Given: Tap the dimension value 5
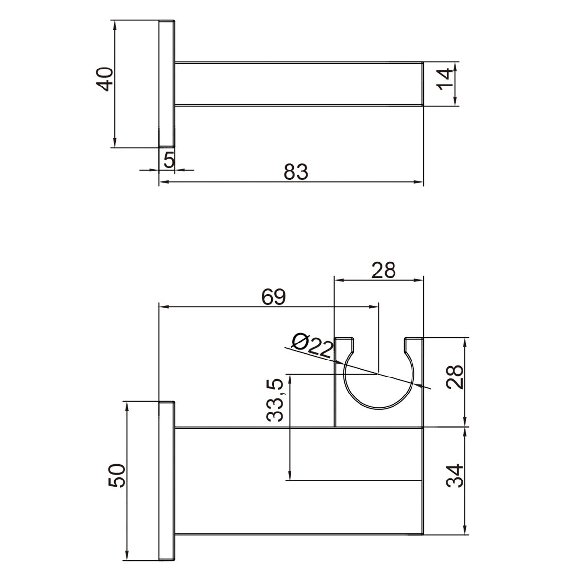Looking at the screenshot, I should click(168, 159).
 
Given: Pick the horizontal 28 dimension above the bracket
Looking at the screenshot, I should click(383, 270).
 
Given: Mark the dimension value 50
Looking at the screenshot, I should click(118, 475).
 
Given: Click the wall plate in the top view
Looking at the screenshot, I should click(167, 84).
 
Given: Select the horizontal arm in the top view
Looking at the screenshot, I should click(299, 84).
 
